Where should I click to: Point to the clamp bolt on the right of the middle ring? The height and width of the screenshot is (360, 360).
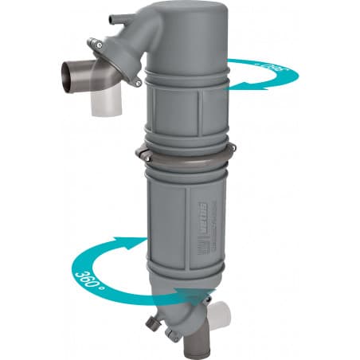coord(231,150)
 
